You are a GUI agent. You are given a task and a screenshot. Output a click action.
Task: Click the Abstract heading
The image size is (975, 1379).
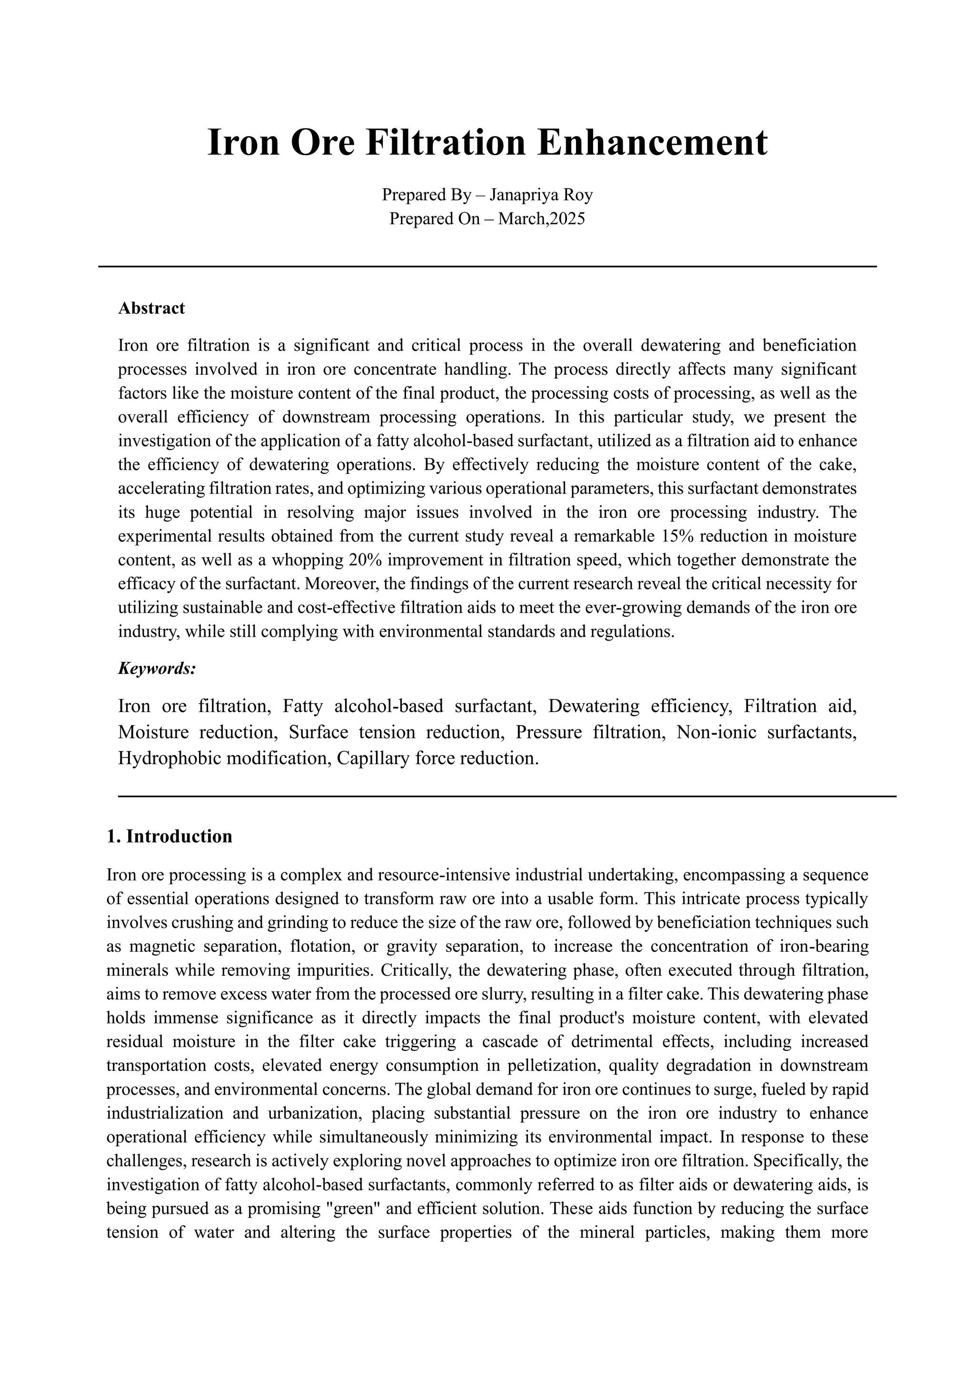pyautogui.click(x=151, y=308)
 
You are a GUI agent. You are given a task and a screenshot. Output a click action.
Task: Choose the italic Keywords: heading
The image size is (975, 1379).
pyautogui.click(x=157, y=669)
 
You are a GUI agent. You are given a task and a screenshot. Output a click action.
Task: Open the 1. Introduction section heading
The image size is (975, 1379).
pyautogui.click(x=169, y=837)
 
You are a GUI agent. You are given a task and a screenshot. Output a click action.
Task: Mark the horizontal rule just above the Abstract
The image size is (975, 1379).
pyautogui.click(x=487, y=266)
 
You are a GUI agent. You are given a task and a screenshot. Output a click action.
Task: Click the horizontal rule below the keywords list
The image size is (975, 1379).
pyautogui.click(x=507, y=797)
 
